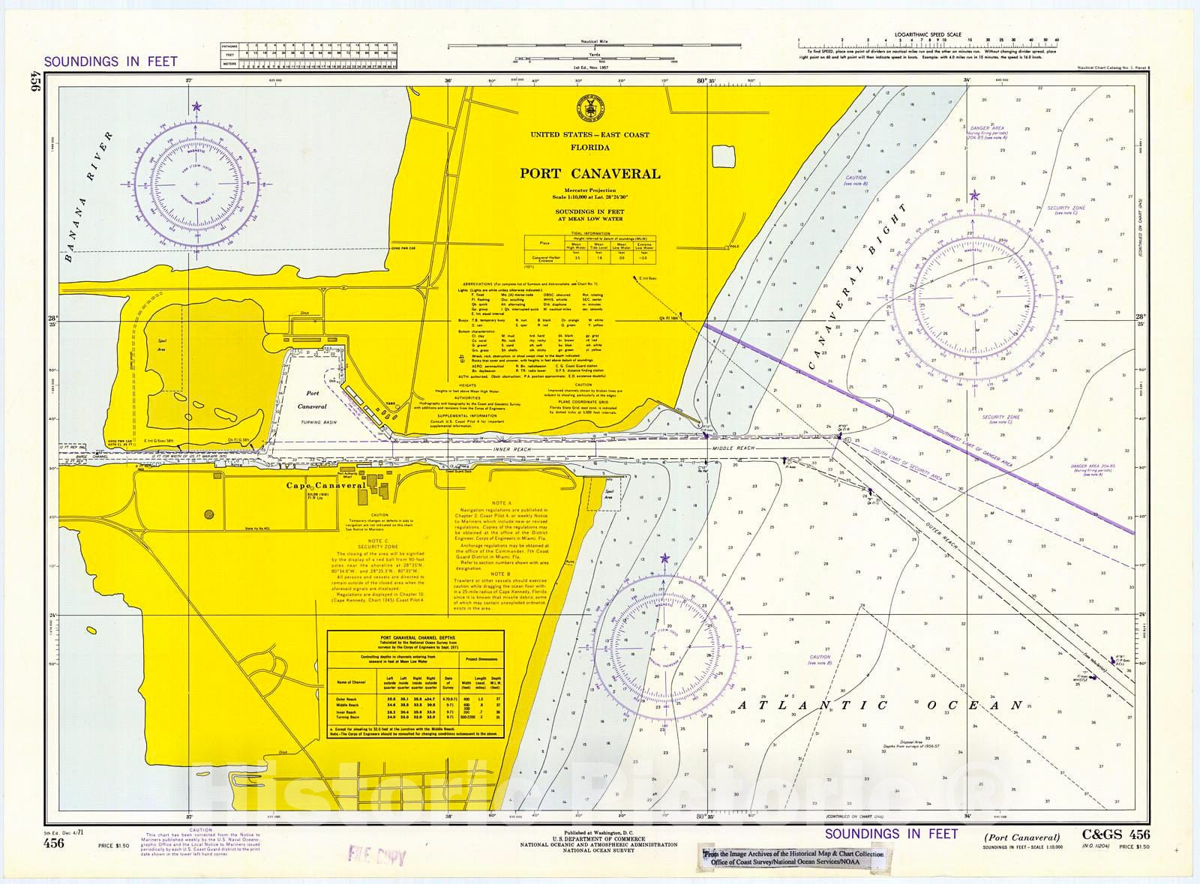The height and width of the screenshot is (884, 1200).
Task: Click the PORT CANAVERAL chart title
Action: pyautogui.click(x=590, y=174)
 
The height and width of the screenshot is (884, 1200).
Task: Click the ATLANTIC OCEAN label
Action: pyautogui.click(x=880, y=706)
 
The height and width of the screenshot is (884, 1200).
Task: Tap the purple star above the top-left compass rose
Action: pyautogui.click(x=196, y=107)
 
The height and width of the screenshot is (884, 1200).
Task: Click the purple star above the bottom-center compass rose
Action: pyautogui.click(x=664, y=559)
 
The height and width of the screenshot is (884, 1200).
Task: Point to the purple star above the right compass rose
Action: pyautogui.click(x=973, y=196)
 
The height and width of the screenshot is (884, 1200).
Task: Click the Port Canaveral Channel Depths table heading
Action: pyautogui.click(x=415, y=639)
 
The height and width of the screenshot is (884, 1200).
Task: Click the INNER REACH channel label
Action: pyautogui.click(x=511, y=448)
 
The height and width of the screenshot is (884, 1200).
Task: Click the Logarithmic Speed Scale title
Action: pyautogui.click(x=927, y=34)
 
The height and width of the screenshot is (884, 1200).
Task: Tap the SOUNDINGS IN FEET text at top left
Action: pyautogui.click(x=111, y=61)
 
